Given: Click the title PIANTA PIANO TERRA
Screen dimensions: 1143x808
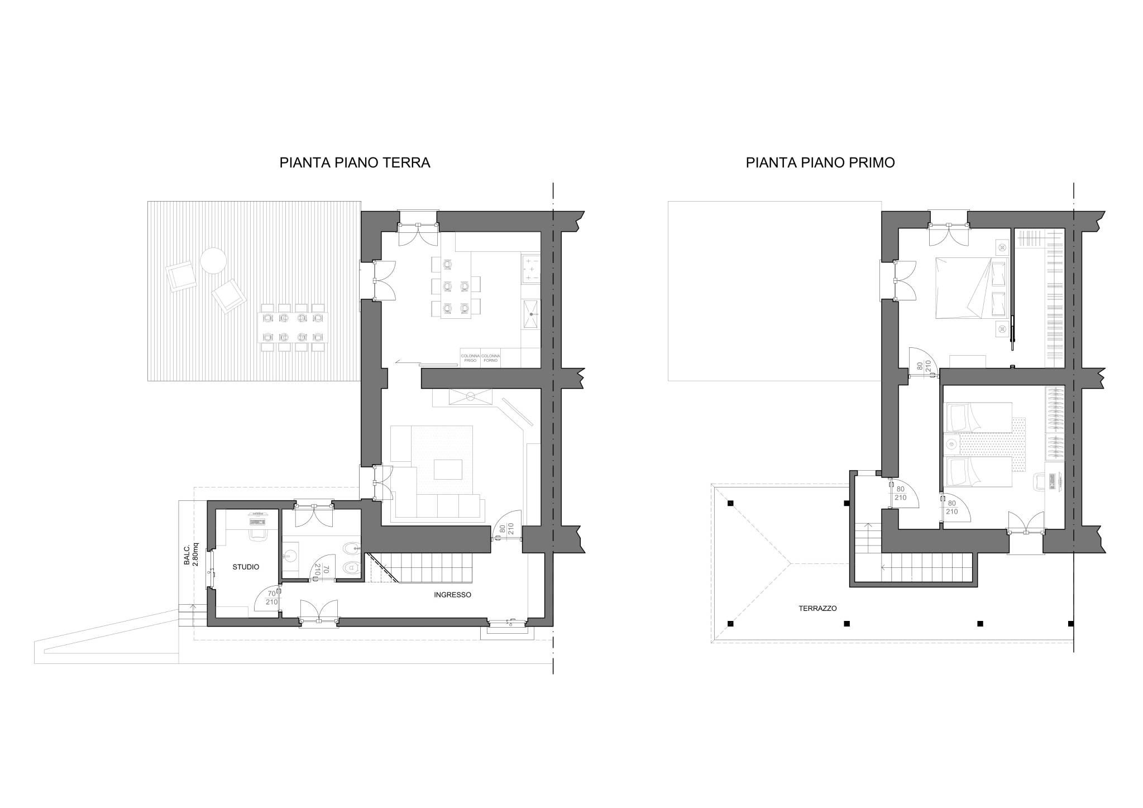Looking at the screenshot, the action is point(355,162).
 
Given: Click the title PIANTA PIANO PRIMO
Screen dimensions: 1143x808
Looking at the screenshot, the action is point(820,162).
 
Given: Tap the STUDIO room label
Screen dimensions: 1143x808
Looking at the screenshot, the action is point(246,567).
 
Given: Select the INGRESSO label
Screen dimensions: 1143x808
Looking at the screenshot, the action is point(452,595).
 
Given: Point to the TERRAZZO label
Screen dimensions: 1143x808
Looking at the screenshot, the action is point(817,609).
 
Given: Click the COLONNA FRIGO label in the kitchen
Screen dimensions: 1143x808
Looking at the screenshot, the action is point(470,358).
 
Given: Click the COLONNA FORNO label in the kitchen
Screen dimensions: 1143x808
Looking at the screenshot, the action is point(490,358).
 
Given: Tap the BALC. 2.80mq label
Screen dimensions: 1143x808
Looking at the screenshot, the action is point(191,554).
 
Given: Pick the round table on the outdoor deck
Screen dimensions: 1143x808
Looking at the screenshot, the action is point(213,260).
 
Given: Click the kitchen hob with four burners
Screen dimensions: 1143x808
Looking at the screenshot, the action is point(531,269).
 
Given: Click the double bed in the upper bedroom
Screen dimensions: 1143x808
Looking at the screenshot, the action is point(972,288).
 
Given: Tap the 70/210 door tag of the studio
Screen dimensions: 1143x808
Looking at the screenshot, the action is point(271,598).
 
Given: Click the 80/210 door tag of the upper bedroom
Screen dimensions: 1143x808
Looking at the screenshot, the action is point(923,366).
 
